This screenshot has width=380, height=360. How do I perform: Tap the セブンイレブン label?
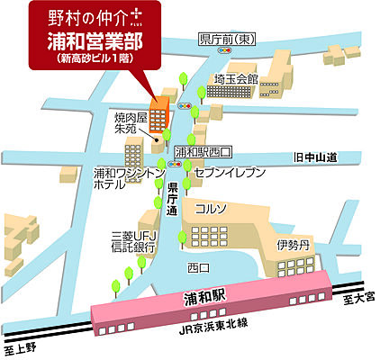pos(229,170)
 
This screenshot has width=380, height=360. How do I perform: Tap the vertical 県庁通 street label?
pos(172,200)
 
